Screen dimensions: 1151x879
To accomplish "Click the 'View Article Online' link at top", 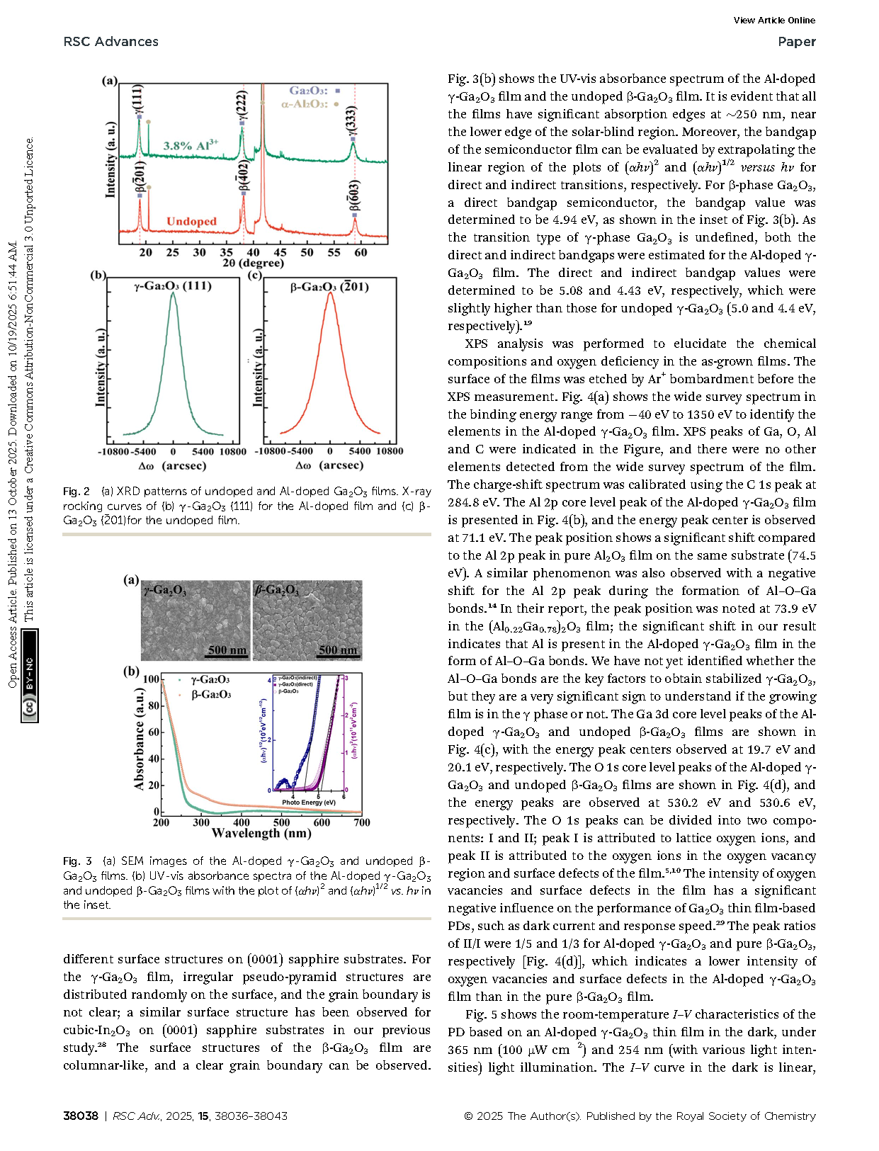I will click(773, 21).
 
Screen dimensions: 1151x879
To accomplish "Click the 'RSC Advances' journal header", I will click(110, 42).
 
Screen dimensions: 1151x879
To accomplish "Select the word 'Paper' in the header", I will click(796, 42).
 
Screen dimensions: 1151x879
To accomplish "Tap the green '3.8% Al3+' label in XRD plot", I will click(191, 146).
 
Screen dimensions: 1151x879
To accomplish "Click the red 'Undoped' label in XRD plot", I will click(191, 222).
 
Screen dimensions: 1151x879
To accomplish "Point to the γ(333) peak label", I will click(352, 121).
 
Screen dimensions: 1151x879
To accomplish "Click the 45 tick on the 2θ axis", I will click(280, 252).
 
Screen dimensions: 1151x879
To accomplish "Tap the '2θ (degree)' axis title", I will click(253, 263).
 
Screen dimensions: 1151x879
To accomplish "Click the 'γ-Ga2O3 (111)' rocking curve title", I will click(173, 287).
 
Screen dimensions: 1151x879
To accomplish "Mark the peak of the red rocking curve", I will click(330, 293).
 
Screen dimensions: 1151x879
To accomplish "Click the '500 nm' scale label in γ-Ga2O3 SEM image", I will click(227, 650).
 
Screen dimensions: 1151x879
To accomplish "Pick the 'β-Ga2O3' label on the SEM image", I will click(277, 590).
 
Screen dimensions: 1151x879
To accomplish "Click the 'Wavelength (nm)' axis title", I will click(261, 834).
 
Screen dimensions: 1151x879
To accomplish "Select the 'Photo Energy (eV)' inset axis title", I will click(309, 803).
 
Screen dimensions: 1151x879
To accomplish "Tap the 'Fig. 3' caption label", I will click(77, 861).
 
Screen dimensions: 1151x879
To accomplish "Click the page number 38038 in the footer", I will click(81, 1116).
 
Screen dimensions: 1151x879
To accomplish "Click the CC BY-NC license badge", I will click(30, 676).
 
